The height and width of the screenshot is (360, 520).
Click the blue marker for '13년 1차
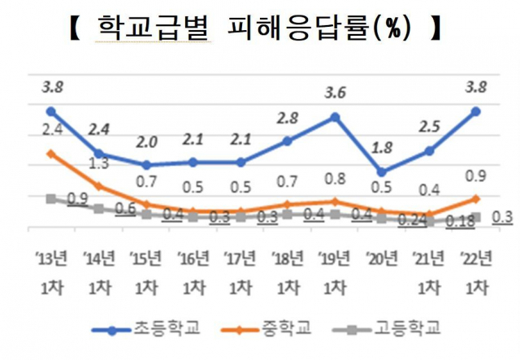(50, 111)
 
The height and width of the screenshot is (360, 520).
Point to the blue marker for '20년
(383, 171)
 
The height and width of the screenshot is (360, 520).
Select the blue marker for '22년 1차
(476, 111)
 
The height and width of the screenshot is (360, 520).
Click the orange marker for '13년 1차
(50, 154)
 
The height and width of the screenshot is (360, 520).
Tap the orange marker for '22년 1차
(476, 198)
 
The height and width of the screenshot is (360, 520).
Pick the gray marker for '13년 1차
(50, 199)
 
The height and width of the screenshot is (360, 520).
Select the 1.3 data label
(98, 163)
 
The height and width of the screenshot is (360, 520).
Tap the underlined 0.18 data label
(461, 222)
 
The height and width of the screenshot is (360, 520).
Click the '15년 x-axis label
(145, 259)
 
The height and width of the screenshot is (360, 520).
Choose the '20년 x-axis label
(382, 259)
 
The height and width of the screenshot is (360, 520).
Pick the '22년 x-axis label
(475, 259)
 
